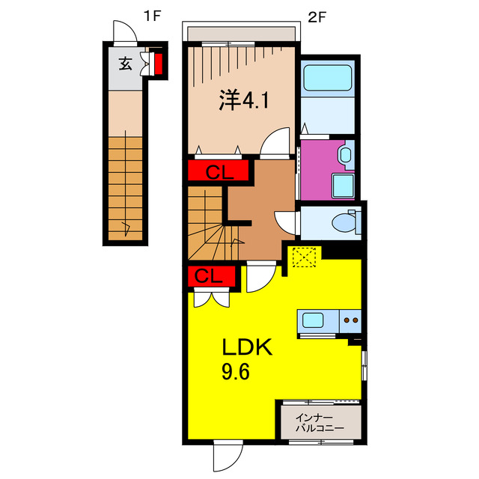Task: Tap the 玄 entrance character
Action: tap(124, 64)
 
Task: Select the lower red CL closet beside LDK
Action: tap(211, 276)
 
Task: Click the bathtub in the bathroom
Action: tap(326, 78)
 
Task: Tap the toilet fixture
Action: tap(345, 222)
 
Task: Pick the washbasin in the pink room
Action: tap(345, 155)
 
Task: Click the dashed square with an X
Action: tap(304, 257)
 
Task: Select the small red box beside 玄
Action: tap(158, 64)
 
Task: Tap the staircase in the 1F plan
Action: tap(124, 187)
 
